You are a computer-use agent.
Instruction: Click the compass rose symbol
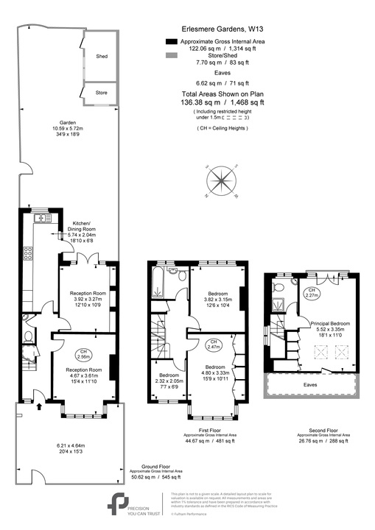[x=222, y=180]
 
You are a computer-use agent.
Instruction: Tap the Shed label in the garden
[x=101, y=56]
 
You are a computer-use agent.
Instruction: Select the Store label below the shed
[x=101, y=93]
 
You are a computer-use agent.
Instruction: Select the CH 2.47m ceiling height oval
[x=213, y=344]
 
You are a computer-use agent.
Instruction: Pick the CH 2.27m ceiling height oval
[x=311, y=294]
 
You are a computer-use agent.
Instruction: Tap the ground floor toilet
[x=27, y=338]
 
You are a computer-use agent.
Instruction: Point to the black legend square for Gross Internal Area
[x=172, y=43]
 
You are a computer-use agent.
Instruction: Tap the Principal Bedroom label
[x=330, y=323]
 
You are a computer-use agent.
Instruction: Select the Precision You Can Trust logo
[x=130, y=505]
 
